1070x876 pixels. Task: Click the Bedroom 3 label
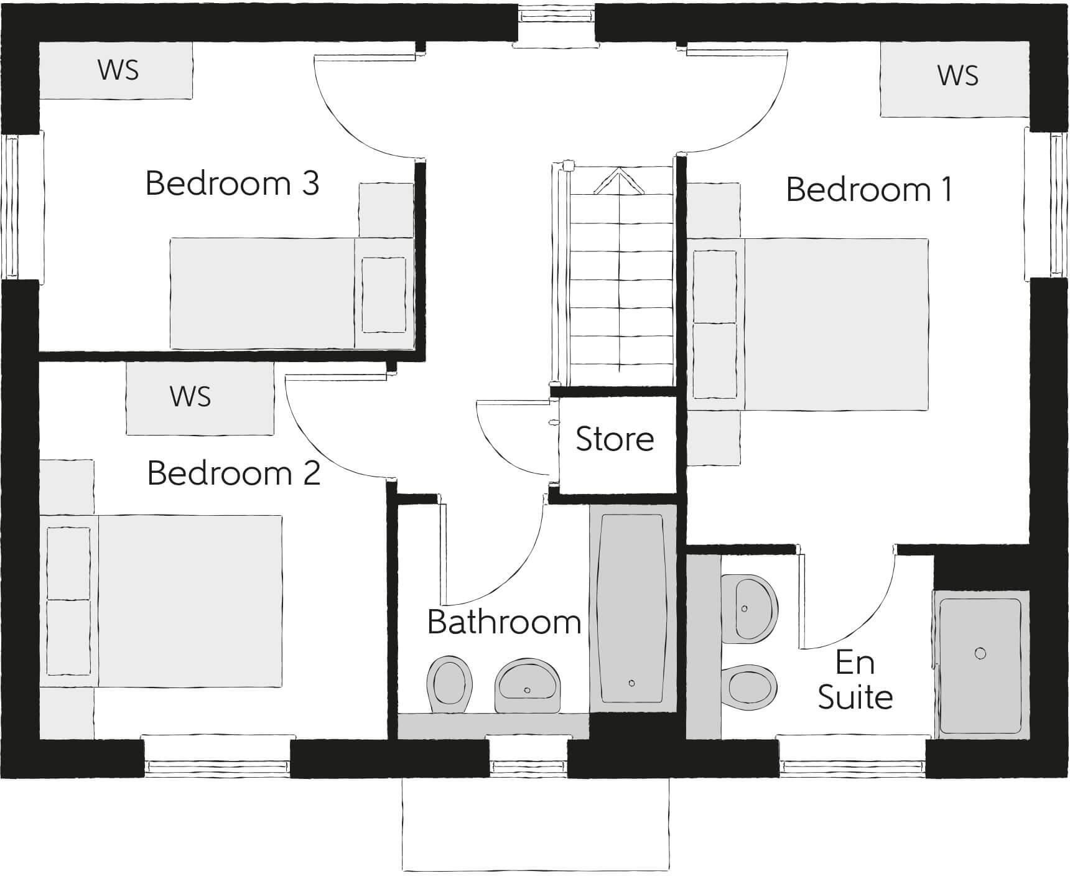coord(232,184)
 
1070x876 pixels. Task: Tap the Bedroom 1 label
coord(869,190)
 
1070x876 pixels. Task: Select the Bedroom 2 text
coord(234,473)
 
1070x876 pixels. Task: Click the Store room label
coord(615,439)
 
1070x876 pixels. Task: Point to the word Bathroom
coord(504,622)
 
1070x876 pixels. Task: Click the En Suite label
coord(855,680)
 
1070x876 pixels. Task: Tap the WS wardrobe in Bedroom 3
coord(116,70)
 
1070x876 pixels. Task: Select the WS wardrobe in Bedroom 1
coord(957,76)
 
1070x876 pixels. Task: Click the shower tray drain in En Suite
coord(980,653)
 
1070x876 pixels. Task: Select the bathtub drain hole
coord(631,683)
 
